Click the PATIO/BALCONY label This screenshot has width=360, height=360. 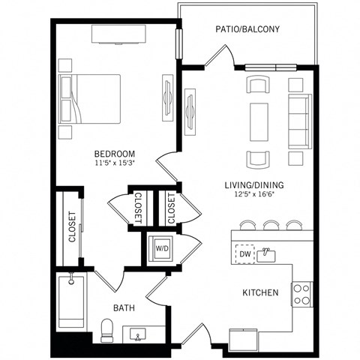[x=248, y=30]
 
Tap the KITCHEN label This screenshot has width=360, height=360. [x=260, y=292]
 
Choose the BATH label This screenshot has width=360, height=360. [x=124, y=307]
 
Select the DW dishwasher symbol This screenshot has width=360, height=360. [x=245, y=255]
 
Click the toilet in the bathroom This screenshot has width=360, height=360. [x=106, y=328]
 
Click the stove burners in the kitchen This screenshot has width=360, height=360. [x=301, y=293]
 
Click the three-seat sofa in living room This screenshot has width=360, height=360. [x=300, y=121]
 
